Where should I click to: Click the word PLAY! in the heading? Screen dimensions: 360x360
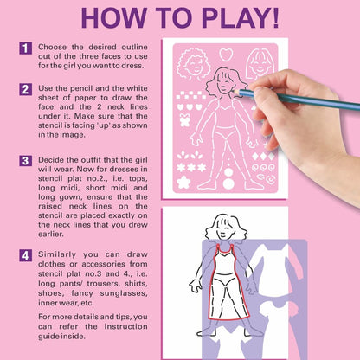tap(241, 18)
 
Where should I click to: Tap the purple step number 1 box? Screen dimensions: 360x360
tap(26, 48)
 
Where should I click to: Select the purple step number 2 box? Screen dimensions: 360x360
tap(26, 89)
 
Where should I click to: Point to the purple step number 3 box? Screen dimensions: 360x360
tap(26, 161)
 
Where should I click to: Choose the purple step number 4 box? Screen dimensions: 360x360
tap(26, 255)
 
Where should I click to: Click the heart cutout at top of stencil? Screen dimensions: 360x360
tap(226, 55)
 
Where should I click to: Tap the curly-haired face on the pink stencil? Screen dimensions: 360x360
tap(191, 64)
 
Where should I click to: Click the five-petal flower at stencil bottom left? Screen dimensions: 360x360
tap(183, 182)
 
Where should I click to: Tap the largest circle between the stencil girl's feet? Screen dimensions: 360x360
tap(228, 183)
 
